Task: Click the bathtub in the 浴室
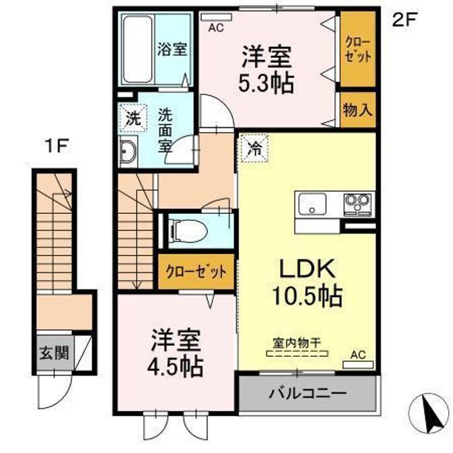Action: tap(138, 50)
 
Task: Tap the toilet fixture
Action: tap(189, 230)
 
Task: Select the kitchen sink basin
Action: tap(312, 204)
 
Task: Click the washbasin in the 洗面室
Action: tap(128, 152)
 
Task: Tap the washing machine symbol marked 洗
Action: tap(133, 118)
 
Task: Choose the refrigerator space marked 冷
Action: tap(255, 148)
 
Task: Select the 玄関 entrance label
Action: tap(54, 352)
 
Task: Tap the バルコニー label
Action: tap(308, 393)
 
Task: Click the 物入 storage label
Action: tap(357, 109)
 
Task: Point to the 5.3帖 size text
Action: tap(266, 83)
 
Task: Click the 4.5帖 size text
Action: tap(175, 367)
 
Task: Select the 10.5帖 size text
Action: tap(307, 296)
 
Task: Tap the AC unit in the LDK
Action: tap(358, 364)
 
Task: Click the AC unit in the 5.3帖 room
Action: tap(216, 18)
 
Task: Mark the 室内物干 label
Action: tap(297, 343)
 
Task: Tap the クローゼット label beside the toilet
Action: tap(196, 272)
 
